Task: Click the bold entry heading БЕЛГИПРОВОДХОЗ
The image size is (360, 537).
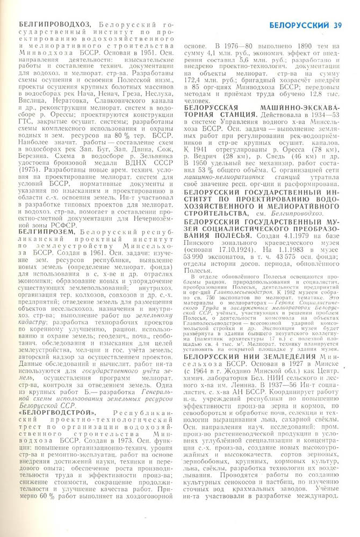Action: click(x=54, y=25)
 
